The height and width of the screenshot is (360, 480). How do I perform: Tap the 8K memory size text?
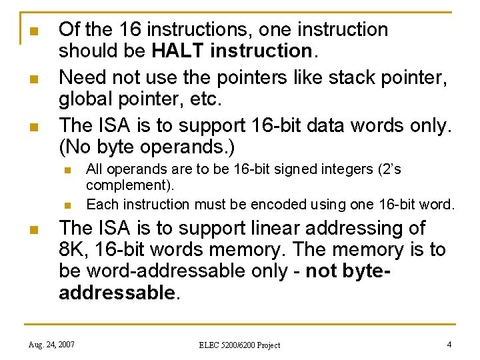(x=73, y=250)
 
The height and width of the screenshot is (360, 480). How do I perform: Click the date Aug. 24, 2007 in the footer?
(x=51, y=344)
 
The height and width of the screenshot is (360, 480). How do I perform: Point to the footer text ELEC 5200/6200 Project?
(x=239, y=345)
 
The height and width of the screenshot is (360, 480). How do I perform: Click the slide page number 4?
(x=449, y=344)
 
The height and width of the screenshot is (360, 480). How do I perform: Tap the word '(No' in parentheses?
(x=74, y=147)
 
